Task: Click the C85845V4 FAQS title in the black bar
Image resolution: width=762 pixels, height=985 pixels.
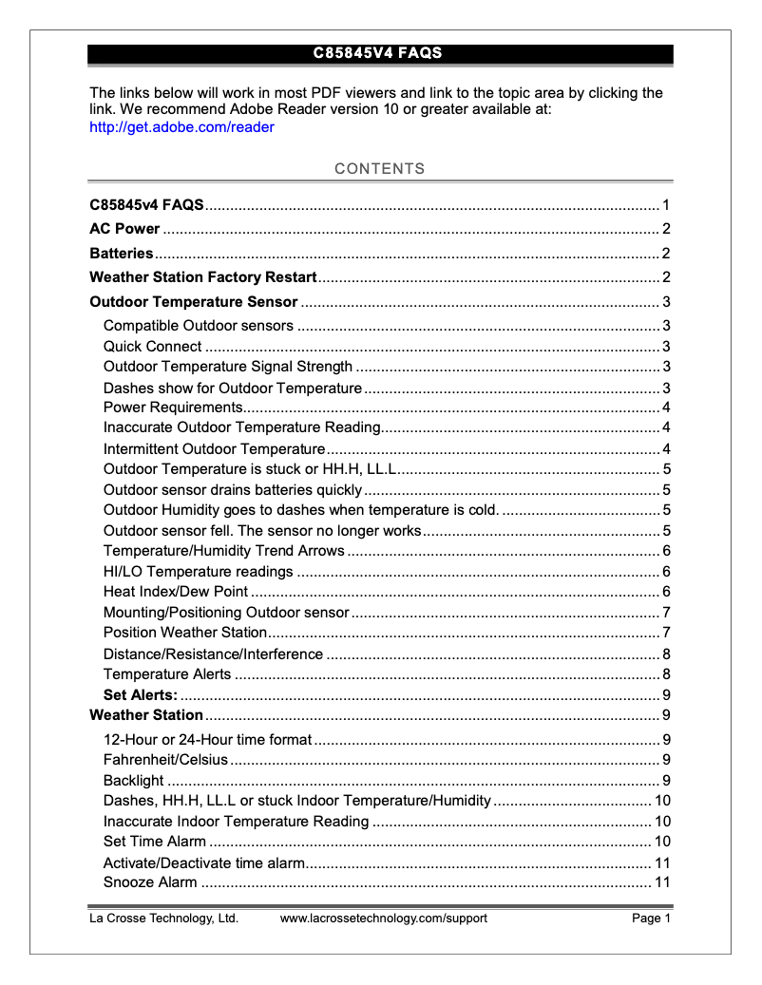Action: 378,53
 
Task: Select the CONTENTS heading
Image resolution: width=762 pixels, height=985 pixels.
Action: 380,169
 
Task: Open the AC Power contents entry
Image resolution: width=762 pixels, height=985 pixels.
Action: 124,229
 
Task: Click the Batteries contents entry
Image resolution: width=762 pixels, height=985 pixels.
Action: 122,254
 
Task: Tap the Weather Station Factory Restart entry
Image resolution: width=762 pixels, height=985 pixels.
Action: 202,277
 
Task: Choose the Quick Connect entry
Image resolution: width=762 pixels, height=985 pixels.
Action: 152,347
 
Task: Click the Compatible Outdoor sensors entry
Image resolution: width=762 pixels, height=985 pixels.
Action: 198,326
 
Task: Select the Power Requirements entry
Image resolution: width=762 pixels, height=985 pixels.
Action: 171,407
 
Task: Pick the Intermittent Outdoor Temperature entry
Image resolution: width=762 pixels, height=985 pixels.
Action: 214,449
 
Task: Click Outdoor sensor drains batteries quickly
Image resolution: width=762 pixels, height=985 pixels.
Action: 233,490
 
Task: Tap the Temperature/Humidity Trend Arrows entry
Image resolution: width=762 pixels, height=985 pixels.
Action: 223,551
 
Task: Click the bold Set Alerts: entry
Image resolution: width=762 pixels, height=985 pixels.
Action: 140,694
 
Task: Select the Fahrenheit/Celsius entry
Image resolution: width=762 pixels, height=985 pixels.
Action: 165,759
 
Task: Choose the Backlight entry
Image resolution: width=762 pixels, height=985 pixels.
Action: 133,781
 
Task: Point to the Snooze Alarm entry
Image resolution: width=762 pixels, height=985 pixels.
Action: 150,882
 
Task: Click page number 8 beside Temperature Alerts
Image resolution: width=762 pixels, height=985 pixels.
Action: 667,674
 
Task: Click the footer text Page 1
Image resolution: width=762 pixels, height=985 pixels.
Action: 652,919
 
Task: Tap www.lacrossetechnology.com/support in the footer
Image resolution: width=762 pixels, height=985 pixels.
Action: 383,919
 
